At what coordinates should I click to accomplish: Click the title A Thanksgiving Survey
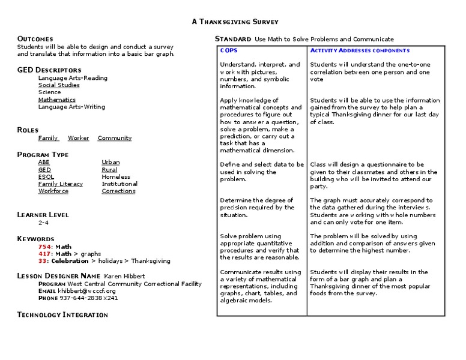pos(235,22)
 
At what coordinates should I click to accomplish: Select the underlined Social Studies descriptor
pos(58,85)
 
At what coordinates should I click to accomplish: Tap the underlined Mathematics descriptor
pos(56,100)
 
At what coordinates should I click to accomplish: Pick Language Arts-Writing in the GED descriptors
pos(71,107)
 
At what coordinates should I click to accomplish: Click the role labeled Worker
pos(78,138)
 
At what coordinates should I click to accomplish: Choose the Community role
pos(114,138)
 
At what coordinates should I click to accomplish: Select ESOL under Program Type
pos(46,176)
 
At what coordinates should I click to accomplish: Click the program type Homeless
pos(116,176)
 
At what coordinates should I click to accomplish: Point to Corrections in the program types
pos(118,191)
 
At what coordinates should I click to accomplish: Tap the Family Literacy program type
pos(61,184)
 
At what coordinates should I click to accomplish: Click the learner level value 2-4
pos(43,223)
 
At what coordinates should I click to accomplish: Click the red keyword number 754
pos(44,247)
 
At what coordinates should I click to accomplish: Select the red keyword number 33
pos(42,261)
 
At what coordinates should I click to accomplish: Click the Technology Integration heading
pos(62,314)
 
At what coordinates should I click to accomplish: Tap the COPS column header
pos(229,50)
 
